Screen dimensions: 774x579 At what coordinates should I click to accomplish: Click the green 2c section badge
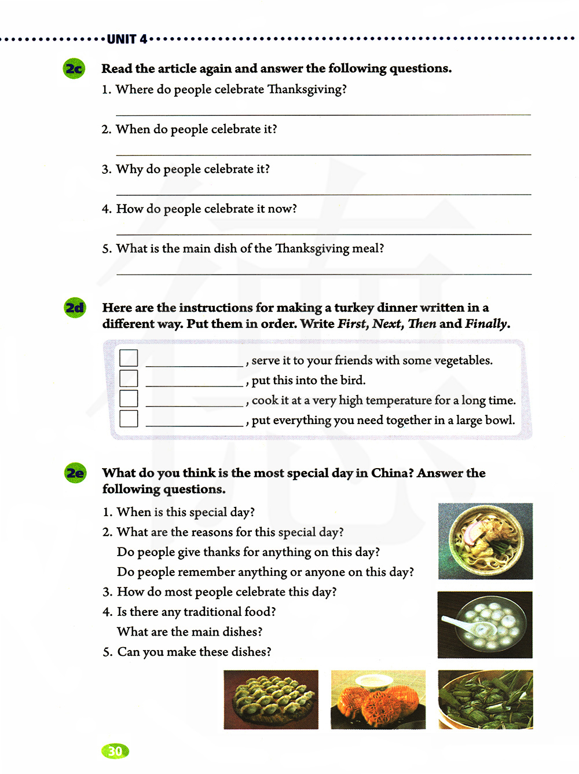[74, 69]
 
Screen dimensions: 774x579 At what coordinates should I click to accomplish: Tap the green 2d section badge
[75, 308]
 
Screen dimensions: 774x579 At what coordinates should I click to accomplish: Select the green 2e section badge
[75, 473]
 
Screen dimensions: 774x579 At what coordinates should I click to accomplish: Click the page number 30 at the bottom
[115, 751]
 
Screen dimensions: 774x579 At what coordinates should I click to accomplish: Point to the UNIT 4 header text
[127, 39]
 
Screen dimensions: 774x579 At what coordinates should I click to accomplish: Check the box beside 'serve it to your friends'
[129, 358]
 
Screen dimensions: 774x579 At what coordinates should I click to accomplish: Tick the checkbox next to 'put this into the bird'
[129, 378]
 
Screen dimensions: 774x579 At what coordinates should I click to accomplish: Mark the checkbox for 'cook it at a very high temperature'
[129, 399]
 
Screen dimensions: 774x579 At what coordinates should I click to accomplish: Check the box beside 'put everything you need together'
[129, 418]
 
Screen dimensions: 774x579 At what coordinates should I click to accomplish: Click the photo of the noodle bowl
[485, 541]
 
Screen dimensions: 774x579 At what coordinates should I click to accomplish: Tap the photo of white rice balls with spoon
[485, 625]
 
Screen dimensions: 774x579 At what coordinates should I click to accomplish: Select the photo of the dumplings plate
[271, 699]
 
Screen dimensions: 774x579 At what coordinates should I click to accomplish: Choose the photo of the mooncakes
[378, 699]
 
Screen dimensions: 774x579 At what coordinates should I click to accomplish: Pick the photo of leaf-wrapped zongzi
[485, 699]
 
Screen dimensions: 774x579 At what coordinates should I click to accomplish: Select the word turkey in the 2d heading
[354, 308]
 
